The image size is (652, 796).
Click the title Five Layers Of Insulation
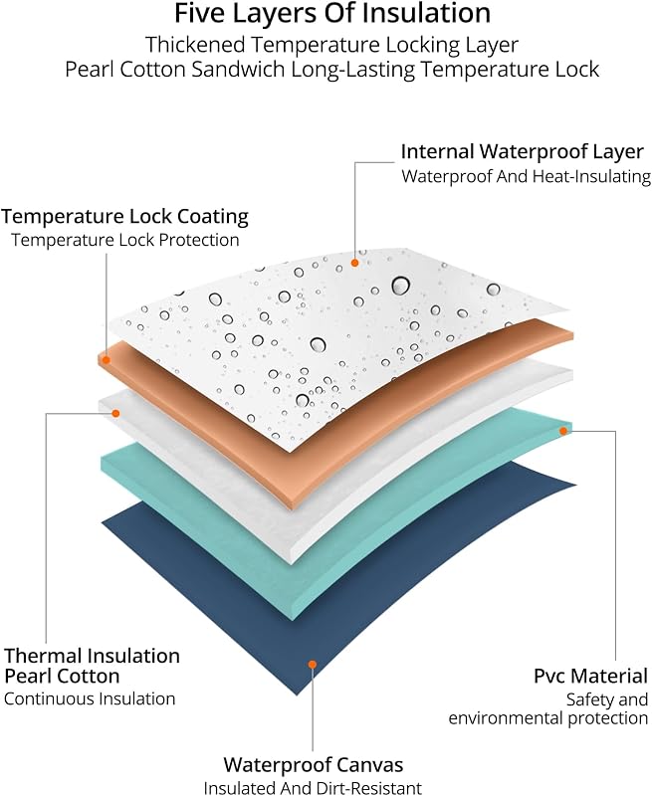[332, 14]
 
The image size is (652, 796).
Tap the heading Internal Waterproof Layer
[523, 152]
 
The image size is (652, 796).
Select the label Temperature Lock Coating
[124, 217]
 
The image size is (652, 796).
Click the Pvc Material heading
[590, 677]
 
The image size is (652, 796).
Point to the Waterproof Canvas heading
[314, 764]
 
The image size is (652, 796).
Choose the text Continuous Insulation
[90, 698]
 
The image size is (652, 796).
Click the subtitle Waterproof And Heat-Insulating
[526, 177]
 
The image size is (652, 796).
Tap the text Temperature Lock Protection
[124, 240]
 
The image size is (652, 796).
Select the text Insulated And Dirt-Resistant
[313, 787]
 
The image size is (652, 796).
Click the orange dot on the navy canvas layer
[313, 665]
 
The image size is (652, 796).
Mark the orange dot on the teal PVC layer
[563, 431]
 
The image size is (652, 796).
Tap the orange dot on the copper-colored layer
[107, 360]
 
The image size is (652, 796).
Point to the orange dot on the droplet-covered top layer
[355, 263]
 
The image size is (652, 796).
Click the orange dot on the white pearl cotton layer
[115, 414]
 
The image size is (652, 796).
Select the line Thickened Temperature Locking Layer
[332, 45]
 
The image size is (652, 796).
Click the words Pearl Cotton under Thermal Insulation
[62, 677]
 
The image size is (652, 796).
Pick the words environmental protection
[547, 718]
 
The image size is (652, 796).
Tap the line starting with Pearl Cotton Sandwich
[332, 69]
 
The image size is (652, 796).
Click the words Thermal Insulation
[92, 656]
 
